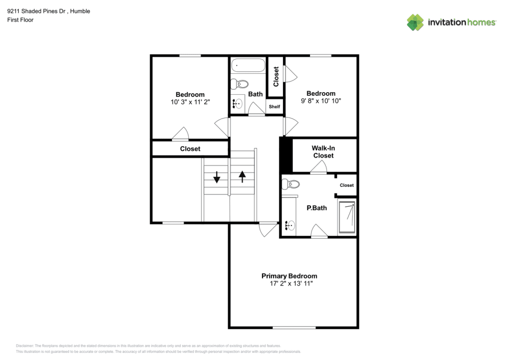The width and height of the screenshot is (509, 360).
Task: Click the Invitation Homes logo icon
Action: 415,22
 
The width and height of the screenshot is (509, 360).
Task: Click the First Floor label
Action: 20,20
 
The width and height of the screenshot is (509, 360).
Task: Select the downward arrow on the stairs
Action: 217,177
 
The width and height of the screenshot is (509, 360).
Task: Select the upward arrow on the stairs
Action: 242,176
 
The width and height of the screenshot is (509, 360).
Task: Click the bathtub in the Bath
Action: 248,66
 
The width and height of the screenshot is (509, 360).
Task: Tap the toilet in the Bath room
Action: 241,85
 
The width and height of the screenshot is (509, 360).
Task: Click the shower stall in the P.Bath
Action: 347,217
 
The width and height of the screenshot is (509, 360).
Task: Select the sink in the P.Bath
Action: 289,225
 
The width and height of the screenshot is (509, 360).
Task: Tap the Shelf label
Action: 274,106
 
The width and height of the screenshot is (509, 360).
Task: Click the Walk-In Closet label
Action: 323,152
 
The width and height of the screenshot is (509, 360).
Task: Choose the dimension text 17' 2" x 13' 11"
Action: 289,283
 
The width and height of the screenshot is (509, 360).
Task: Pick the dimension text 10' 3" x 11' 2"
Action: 190,102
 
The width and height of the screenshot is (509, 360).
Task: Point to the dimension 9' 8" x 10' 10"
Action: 321,101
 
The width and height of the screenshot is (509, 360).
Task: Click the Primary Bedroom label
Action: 289,275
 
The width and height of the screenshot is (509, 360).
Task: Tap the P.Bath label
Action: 316,208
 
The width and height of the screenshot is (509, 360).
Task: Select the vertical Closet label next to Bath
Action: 276,76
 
